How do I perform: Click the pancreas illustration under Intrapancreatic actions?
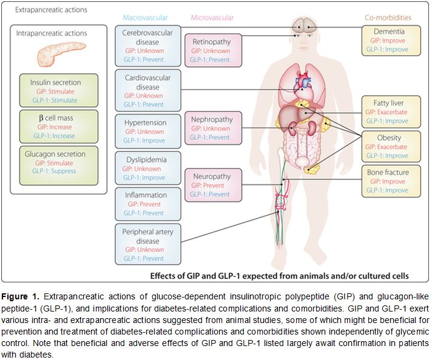[55, 56]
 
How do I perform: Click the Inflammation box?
[149, 203]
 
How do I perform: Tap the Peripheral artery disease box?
[149, 243]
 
